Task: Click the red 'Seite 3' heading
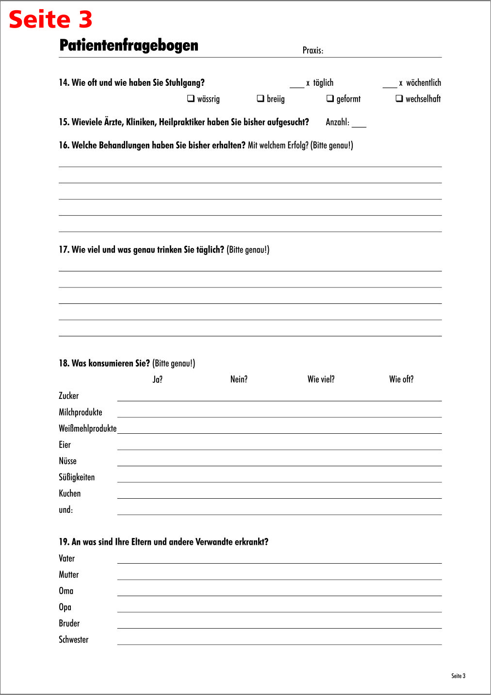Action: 50,20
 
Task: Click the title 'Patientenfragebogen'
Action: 129,46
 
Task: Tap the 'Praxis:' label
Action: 312,50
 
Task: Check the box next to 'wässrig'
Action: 191,99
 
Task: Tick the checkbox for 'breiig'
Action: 261,99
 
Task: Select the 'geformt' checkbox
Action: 330,99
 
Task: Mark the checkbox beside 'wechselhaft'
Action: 399,99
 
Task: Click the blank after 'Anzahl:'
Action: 359,124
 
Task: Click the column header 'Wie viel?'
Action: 321,379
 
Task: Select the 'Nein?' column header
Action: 239,379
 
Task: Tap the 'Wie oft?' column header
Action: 401,379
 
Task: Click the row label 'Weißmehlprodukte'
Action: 87,428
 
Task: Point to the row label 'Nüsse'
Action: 67,461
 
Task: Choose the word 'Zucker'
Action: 68,396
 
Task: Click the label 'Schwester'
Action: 73,640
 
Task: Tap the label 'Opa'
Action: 65,607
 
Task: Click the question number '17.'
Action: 64,250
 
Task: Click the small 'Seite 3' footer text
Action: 458,676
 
